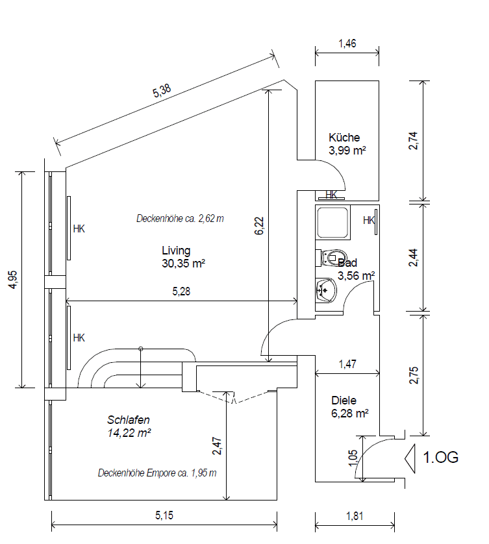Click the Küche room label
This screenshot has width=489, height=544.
344,138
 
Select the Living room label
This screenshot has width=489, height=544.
176,251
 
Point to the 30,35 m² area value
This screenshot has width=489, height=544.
184,263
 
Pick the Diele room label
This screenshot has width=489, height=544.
344,401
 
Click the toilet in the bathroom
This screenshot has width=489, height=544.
332,257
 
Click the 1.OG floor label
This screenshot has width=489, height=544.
441,457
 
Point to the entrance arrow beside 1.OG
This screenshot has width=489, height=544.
410,457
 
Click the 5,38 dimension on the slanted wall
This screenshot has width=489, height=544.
162,93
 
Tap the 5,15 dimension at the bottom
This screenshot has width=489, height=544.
164,516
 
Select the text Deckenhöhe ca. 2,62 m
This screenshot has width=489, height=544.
180,218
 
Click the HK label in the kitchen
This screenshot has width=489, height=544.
331,194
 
